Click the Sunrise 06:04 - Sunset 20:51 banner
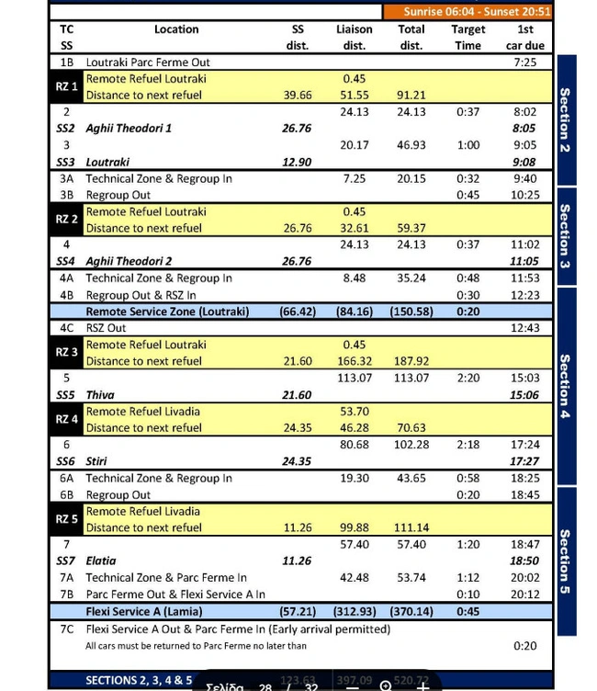tap(477, 12)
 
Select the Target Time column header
tap(468, 37)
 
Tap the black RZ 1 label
tap(66, 86)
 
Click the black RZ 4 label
tap(66, 419)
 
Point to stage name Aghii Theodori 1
tap(129, 129)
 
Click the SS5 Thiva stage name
tap(100, 395)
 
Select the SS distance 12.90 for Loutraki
tap(297, 162)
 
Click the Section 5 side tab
tap(565, 561)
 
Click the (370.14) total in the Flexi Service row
tap(411, 611)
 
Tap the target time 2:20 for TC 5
tap(468, 378)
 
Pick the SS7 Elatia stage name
tap(101, 561)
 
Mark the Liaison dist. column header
tap(354, 37)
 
